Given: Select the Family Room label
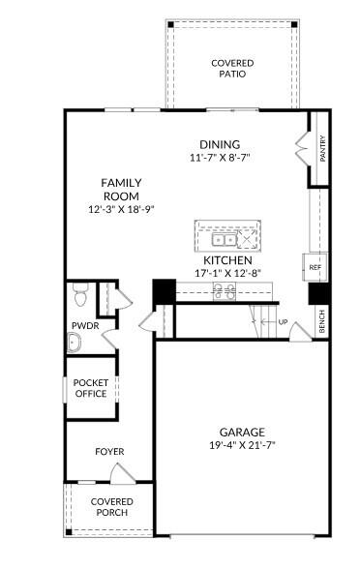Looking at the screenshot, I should (x=122, y=188).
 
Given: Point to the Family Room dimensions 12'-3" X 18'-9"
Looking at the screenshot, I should (x=122, y=208).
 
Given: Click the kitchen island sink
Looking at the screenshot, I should (x=222, y=238).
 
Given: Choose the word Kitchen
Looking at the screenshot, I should (x=227, y=260).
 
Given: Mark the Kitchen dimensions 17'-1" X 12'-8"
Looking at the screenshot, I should (x=227, y=274).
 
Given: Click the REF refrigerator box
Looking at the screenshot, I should (x=315, y=267).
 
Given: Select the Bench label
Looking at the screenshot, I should (x=322, y=322).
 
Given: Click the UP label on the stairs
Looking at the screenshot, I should (x=284, y=322).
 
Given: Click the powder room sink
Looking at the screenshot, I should (x=75, y=341).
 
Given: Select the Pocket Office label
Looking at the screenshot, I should (x=91, y=387).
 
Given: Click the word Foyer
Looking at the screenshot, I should (x=109, y=452).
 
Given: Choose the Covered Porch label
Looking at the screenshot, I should (x=111, y=507).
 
